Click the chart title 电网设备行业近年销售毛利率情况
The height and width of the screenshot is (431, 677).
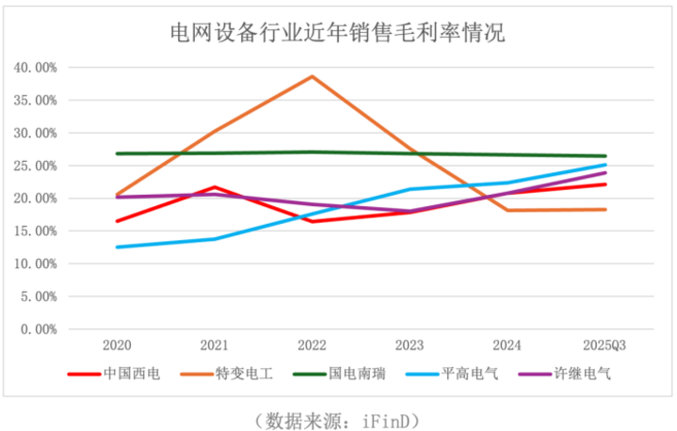pos(337,35)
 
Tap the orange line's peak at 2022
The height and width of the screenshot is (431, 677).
pos(312,76)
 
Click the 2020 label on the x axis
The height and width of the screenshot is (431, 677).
pos(117,345)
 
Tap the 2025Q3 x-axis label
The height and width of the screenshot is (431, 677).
pos(604,345)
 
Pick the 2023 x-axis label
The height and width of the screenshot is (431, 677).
pos(410,345)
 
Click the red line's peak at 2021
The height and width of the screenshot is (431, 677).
pos(215,187)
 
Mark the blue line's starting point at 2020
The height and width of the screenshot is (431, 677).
pos(117,247)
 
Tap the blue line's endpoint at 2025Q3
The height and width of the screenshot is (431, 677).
pos(604,165)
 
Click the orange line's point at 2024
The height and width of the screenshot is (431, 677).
pos(508,210)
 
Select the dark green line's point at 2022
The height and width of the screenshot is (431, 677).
pos(312,152)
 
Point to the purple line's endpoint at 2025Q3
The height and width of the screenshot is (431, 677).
pos(604,173)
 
